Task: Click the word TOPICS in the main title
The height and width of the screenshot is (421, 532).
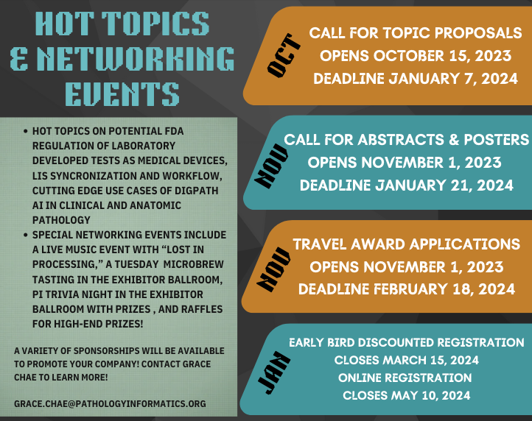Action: (155, 24)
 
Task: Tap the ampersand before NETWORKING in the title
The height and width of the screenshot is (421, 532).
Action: (19, 58)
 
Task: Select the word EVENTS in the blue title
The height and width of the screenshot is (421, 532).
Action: (122, 94)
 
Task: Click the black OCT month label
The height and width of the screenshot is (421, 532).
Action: (283, 55)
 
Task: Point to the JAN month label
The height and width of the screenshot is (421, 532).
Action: (273, 372)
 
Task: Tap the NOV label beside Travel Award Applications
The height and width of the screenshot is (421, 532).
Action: (273, 269)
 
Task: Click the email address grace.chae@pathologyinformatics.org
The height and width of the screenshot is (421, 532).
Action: (110, 404)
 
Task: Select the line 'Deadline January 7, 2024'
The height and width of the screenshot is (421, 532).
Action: (416, 79)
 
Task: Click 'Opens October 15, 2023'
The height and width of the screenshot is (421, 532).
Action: (416, 56)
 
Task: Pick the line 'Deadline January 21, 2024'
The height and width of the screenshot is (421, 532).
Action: (407, 185)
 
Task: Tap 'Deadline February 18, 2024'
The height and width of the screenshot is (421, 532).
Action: (407, 289)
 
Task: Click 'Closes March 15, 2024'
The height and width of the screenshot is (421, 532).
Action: (407, 360)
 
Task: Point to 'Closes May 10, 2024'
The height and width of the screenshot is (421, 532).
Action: (407, 395)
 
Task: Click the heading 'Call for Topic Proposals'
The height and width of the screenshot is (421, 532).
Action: (416, 33)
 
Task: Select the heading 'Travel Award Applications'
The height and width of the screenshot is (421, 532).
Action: (407, 244)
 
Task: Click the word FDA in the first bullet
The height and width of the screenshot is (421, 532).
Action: (174, 131)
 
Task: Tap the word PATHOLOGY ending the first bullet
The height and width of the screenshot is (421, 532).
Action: (61, 220)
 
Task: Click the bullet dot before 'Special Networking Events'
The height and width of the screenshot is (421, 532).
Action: (26, 235)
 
